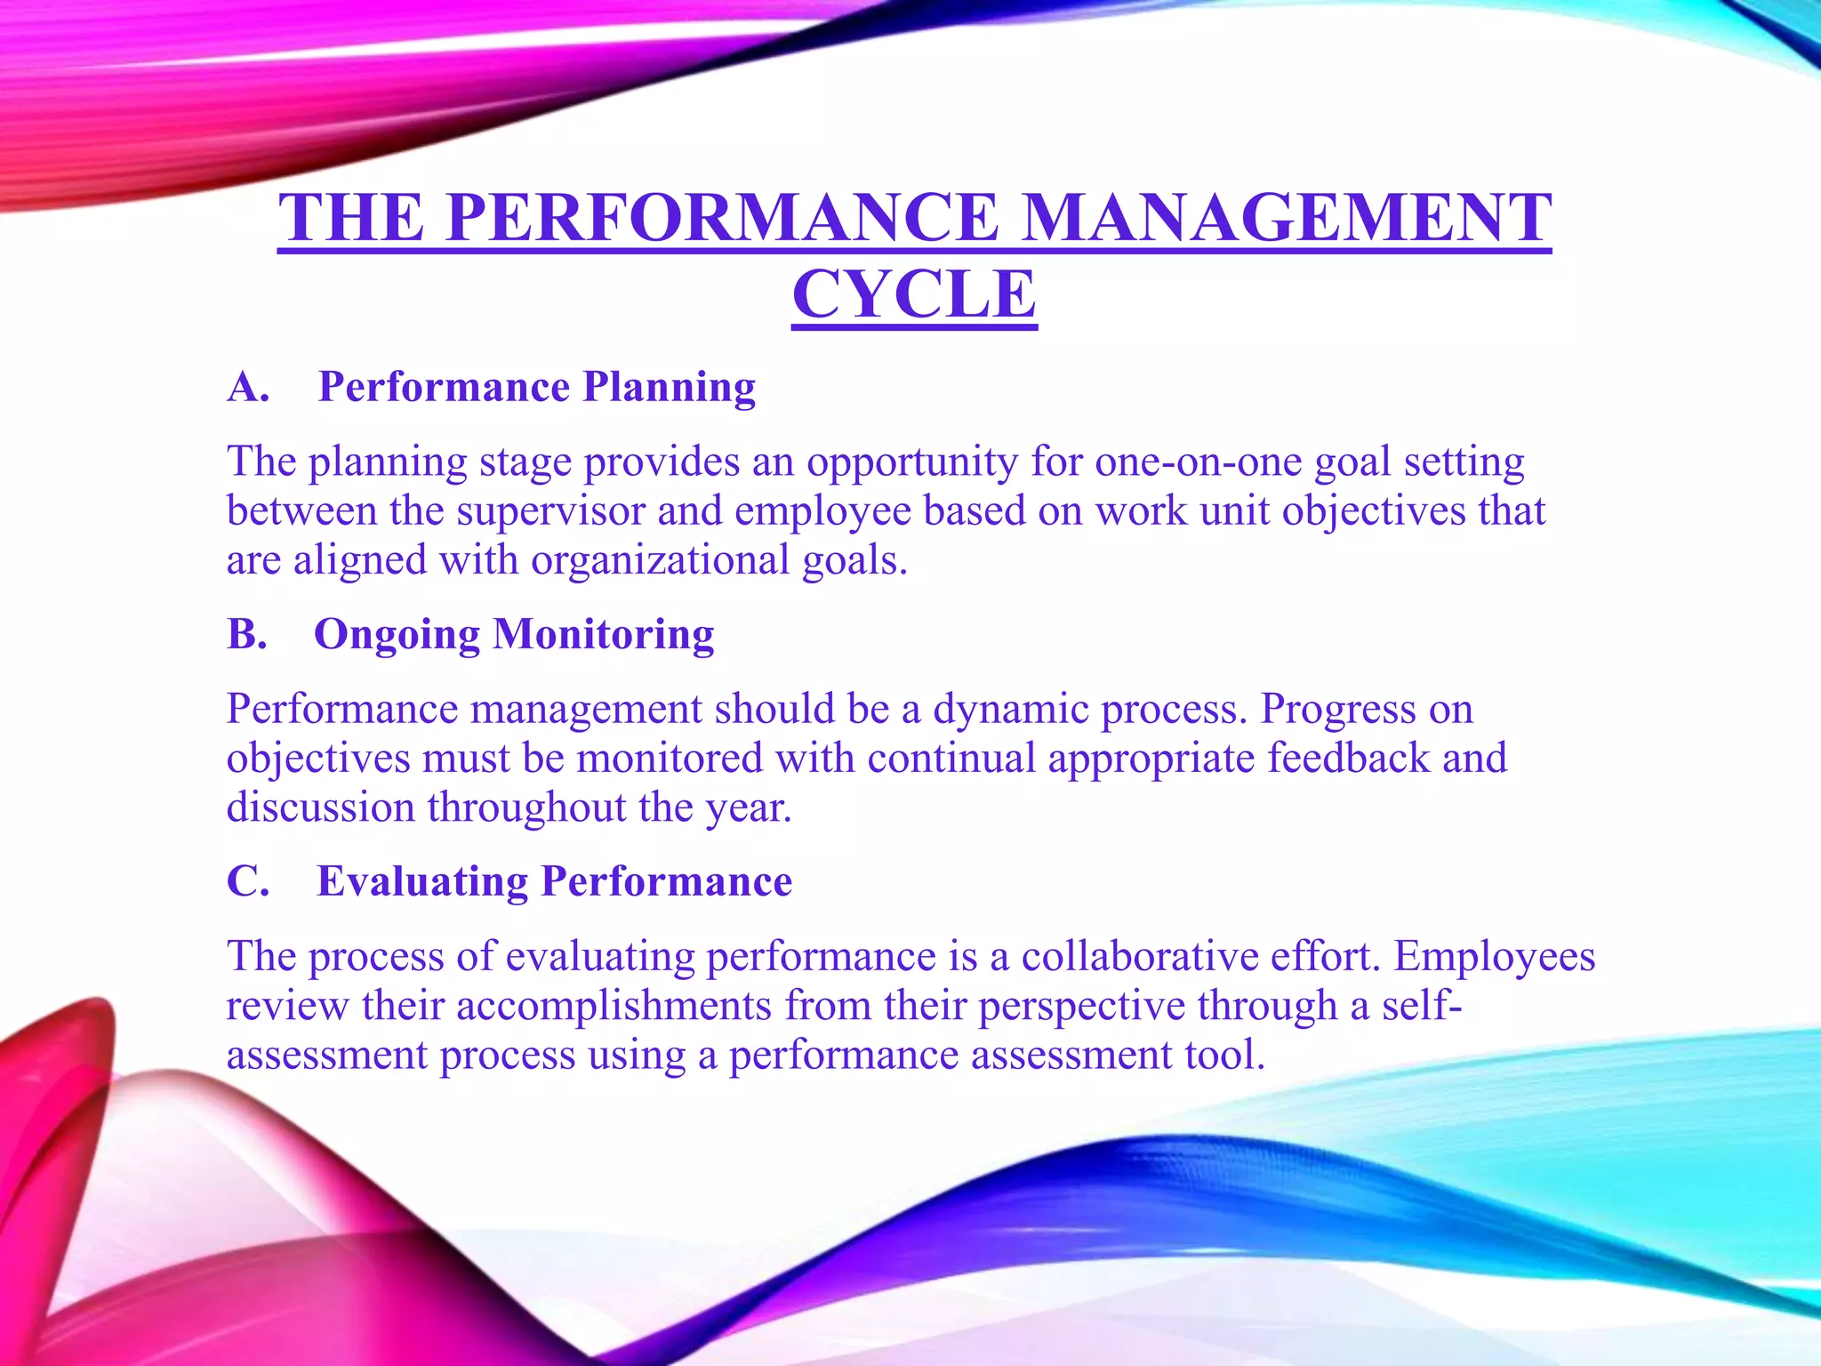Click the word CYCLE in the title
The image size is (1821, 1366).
point(914,294)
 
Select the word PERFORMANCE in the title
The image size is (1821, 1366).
point(722,218)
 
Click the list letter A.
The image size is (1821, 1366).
point(248,388)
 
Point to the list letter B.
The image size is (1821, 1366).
point(246,635)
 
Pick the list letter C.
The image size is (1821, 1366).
point(248,882)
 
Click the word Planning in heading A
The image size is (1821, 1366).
point(669,388)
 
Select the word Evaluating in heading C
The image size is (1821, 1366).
point(422,882)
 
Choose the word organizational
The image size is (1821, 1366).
point(661,561)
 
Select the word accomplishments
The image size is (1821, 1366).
point(614,1006)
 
